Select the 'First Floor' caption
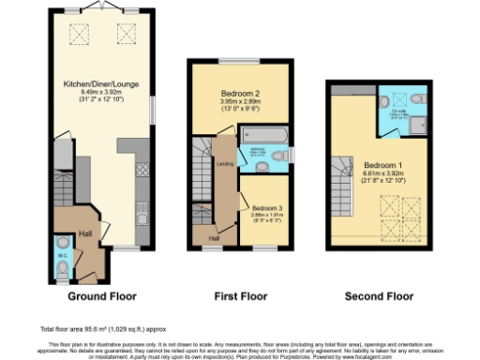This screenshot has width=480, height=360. point(241,296)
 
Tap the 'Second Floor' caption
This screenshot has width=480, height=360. point(379,296)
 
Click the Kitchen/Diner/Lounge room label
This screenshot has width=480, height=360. point(103,84)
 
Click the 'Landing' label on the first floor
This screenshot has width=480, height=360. point(225,164)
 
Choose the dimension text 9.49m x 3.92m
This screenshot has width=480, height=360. point(103,93)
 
